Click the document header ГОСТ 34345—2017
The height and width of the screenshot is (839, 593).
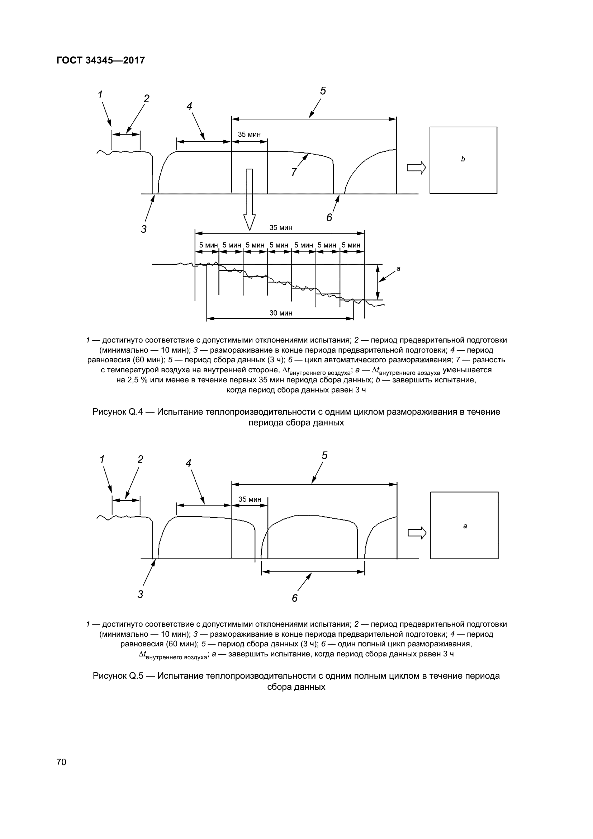pos(101,60)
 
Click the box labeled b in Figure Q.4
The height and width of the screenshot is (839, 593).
pos(463,160)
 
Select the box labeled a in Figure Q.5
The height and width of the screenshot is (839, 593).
pos(464,525)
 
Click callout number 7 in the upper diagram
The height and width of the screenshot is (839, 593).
pos(294,172)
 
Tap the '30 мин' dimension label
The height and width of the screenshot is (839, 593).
pos(281,313)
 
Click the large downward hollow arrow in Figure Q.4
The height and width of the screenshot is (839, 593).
pos(250,199)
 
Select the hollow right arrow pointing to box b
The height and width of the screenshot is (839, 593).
pos(416,168)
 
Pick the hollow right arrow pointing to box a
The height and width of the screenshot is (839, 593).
pos(417,533)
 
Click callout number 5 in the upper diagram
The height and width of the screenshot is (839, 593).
pos(323,91)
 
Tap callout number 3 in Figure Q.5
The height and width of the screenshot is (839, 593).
pos(141,594)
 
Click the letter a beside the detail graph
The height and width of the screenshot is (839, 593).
pos(398,269)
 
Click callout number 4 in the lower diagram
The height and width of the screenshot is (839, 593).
pos(189,463)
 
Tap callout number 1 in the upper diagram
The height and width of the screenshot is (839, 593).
pos(100,95)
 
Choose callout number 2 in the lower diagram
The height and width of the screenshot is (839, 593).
pos(140,459)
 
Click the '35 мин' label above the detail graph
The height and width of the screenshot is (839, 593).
pos(281,228)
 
